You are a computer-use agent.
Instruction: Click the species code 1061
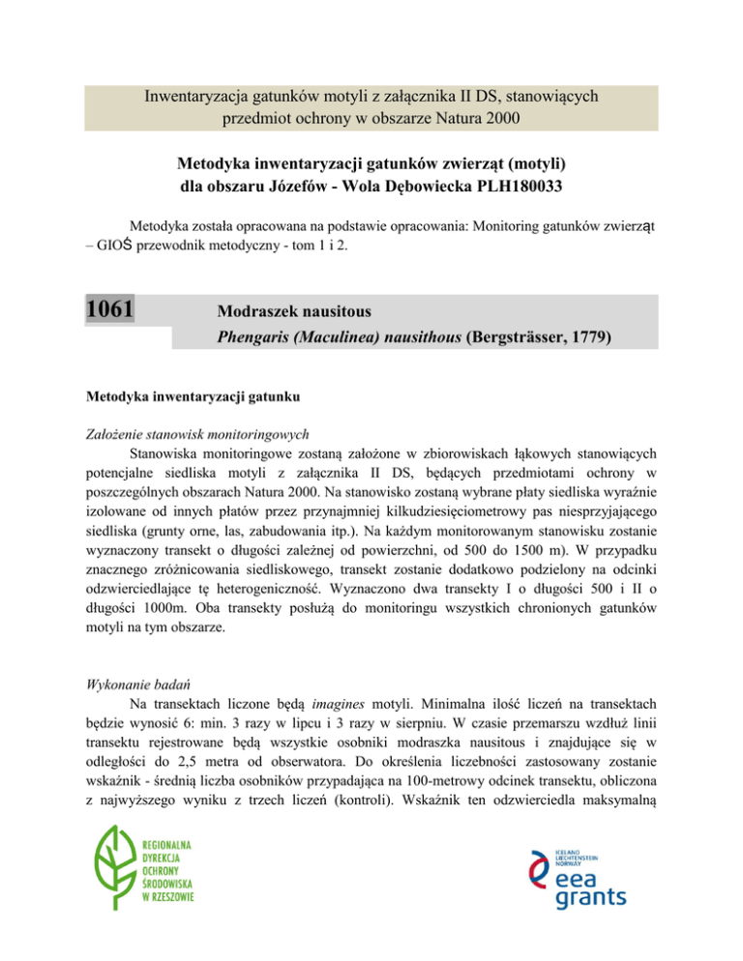(108, 310)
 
